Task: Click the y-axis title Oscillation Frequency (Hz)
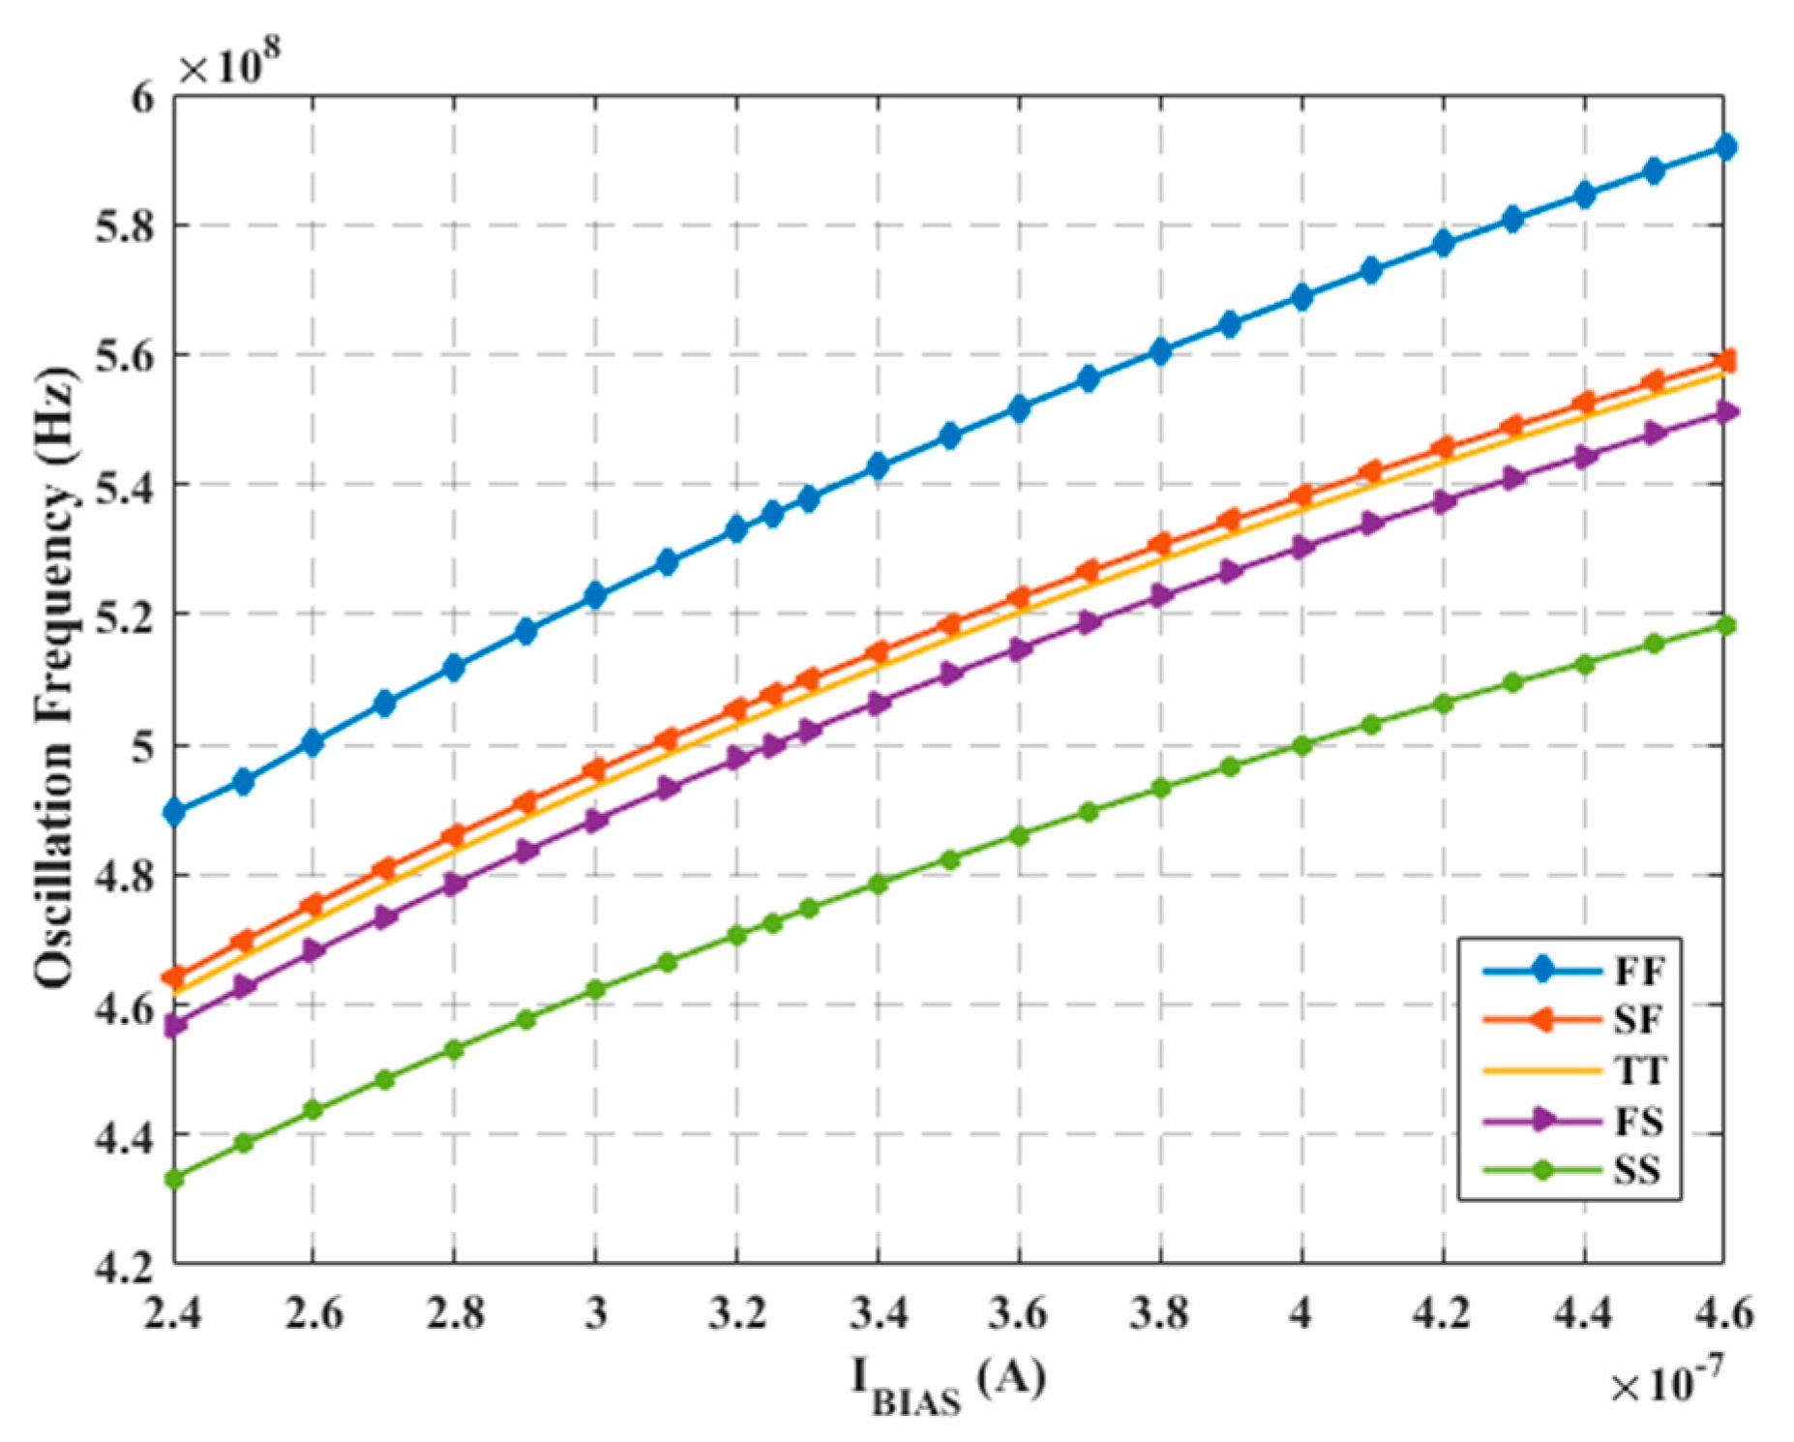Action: [55, 677]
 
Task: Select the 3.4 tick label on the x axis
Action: [878, 1313]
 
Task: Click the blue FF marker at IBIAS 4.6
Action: [1724, 147]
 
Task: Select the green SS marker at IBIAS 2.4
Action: [175, 1179]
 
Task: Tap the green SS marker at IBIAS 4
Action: [1301, 745]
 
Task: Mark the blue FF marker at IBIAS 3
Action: [595, 595]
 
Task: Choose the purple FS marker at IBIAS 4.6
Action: [1724, 412]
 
